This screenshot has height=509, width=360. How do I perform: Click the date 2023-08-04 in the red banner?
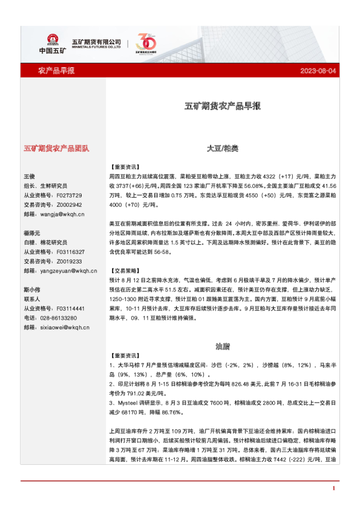(x=318, y=71)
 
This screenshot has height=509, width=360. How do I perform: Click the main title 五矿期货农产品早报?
(x=222, y=106)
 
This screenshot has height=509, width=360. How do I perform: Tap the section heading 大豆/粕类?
(x=222, y=148)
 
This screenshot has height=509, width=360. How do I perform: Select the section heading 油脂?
(x=222, y=346)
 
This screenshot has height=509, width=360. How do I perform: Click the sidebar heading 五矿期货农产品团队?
(x=56, y=148)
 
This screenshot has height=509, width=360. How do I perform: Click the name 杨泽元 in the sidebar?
(x=31, y=233)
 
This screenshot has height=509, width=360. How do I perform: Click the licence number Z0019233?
(x=68, y=261)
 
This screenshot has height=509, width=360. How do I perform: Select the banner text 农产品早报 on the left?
(x=56, y=71)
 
